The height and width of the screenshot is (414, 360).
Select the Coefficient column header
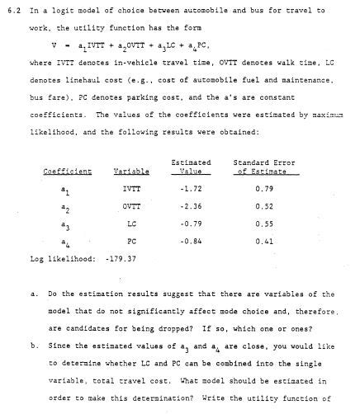point(68,172)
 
